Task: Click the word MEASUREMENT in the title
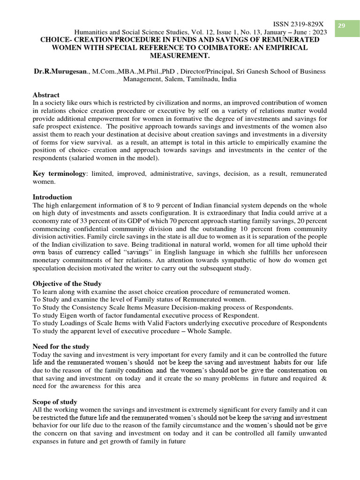(x=180, y=56)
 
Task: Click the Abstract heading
(x=46, y=95)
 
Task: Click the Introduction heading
(x=52, y=197)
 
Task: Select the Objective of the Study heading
(x=67, y=284)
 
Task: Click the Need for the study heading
(x=61, y=347)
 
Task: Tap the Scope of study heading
(x=55, y=402)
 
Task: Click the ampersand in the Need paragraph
(x=324, y=379)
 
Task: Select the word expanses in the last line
(x=46, y=442)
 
